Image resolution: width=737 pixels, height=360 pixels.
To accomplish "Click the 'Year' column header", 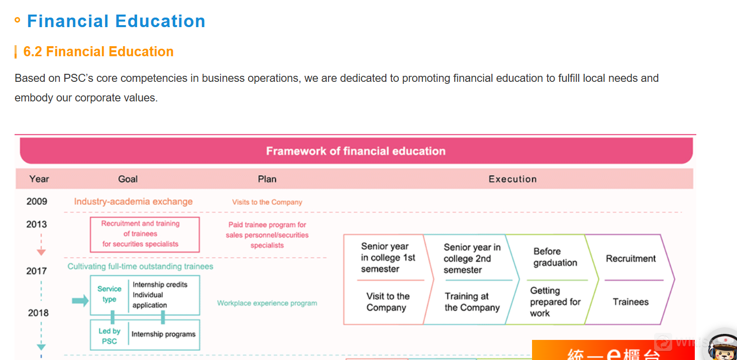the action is pos(39,179).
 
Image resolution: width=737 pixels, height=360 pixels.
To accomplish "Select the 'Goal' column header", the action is pos(128,179).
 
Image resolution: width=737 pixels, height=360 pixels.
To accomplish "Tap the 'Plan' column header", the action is pos(267,179).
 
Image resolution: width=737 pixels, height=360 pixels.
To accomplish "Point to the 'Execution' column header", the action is pos(512,179).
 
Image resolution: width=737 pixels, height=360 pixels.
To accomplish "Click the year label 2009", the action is pos(37,201).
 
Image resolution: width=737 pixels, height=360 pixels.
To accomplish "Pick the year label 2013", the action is pos(37,224).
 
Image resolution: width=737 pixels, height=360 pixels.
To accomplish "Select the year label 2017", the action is pos(37,271).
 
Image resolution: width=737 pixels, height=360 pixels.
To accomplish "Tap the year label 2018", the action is pos(38,313).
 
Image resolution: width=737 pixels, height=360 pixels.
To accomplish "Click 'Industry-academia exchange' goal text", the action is pos(133,201).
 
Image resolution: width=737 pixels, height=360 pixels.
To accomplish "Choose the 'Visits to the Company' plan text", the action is pos(267,202).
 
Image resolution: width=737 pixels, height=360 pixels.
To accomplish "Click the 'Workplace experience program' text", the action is pos(267,303).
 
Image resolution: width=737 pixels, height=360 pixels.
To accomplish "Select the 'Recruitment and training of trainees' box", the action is pos(145,234).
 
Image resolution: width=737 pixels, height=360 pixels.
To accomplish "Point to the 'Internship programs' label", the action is pos(163,334).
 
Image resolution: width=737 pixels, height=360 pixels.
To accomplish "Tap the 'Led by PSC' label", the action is pos(109,336).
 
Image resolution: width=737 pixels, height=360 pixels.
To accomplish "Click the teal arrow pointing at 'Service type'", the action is pos(80,300).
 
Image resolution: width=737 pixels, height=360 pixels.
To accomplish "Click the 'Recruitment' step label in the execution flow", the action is pos(630,259).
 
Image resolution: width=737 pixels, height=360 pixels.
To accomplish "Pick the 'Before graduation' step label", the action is pos(555,257).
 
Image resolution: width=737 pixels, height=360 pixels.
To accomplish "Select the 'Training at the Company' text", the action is pos(472,302).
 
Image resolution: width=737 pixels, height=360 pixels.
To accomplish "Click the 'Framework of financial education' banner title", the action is pos(356,151).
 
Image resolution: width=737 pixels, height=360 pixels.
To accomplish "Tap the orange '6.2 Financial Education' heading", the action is pos(98,52).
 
